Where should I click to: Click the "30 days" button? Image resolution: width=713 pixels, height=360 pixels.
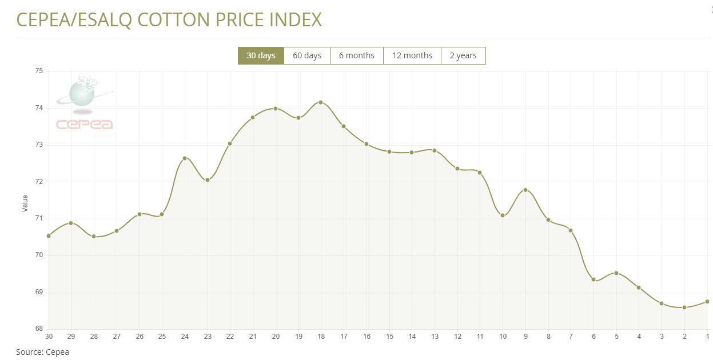coord(261,55)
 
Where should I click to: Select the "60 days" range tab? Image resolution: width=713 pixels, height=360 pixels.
coord(307,55)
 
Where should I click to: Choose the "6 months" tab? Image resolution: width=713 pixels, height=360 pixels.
coord(357,55)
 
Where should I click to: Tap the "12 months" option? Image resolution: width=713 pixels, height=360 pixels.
coord(412,55)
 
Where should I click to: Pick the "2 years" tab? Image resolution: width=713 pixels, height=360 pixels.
coord(463,55)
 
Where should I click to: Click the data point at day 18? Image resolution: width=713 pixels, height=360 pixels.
coord(321,102)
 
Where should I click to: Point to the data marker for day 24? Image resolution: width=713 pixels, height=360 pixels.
coord(185,158)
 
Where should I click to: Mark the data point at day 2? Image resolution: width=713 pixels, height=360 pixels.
coord(684,307)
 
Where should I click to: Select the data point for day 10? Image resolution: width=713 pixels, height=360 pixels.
coord(503,215)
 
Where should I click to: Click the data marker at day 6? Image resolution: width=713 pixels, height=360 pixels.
coord(593,279)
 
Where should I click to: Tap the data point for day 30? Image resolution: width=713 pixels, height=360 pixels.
coord(49,236)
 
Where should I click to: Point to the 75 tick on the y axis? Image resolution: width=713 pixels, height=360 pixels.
coord(39,71)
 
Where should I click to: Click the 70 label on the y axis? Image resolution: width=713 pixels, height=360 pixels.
coord(39,255)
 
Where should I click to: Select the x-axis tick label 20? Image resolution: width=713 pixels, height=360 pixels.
coord(276,337)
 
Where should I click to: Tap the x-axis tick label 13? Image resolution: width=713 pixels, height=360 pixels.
coord(435,337)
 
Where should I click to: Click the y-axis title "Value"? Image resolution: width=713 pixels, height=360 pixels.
coord(25,203)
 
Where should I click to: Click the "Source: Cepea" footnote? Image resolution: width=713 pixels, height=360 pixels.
coord(42,352)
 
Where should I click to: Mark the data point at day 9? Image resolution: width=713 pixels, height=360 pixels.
coord(525,190)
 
